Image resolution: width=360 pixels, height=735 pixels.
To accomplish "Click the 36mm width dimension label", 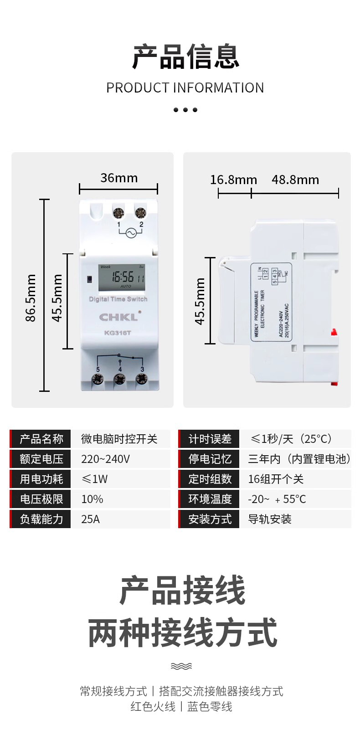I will [119, 178].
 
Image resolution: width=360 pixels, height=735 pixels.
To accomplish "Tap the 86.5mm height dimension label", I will [31, 298].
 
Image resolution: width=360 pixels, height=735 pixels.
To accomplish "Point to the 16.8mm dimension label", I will [233, 180].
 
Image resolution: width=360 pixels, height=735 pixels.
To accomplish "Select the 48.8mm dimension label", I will [295, 180].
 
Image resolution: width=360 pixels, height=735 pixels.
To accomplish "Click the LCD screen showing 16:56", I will [122, 278].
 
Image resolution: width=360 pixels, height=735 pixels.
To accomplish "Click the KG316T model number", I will [118, 333].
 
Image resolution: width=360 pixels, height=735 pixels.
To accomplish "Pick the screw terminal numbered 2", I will [140, 212].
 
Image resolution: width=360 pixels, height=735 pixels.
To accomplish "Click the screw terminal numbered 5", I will [98, 379].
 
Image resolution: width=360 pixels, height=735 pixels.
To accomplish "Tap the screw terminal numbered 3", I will [142, 378].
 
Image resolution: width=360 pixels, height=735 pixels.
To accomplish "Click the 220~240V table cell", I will [105, 459].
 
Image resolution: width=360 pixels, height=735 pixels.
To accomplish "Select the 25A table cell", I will [90, 519].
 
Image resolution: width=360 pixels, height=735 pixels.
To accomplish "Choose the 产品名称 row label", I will [41, 439].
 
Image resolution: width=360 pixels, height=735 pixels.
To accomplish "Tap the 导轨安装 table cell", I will [270, 519].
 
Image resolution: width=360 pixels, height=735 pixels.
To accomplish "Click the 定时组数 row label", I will [210, 479].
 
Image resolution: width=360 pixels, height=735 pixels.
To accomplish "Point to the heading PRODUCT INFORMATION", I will [185, 87].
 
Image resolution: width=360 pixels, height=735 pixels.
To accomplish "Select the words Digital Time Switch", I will [118, 299].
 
